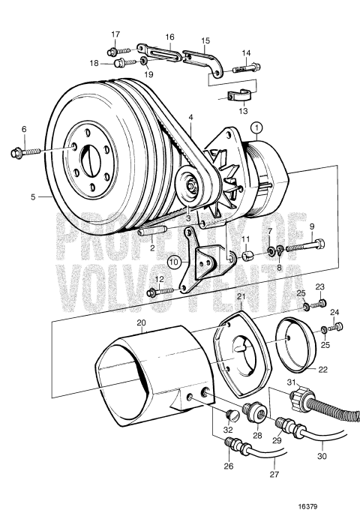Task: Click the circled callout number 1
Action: click(257, 128)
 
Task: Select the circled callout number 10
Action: click(174, 262)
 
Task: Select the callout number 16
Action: click(169, 36)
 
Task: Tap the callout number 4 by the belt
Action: click(191, 118)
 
